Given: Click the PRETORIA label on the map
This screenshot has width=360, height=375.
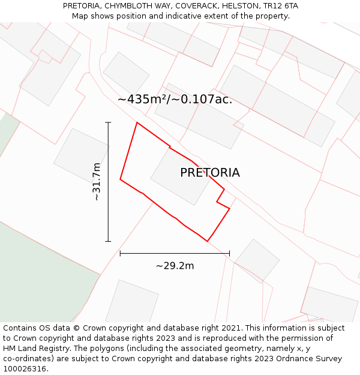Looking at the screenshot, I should pos(209,173).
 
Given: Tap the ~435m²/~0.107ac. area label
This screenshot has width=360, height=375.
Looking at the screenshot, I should pos(175,100).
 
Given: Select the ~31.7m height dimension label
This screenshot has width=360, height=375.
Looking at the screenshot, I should pos(97,181).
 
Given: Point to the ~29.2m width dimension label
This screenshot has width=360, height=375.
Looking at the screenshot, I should pos(175,265).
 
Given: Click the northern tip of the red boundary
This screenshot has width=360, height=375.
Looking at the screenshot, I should pos(137,123).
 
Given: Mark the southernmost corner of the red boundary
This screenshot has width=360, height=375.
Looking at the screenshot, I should pos(208,241).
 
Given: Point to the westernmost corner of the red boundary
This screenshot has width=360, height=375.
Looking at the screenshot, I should pos(120,179).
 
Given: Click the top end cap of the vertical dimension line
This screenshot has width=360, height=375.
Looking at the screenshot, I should pos(108,122).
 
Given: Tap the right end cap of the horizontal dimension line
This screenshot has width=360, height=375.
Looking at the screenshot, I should pos(229,253).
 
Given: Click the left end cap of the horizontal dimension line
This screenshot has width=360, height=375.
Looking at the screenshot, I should pos(120,253).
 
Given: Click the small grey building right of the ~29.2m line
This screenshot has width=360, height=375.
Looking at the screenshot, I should pos(257,260).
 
